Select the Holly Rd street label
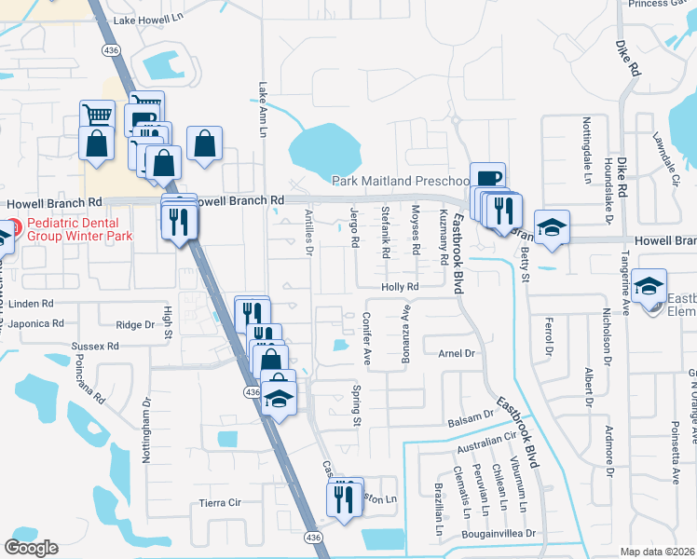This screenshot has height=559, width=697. click(x=401, y=287)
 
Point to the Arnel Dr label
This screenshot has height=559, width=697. click(x=457, y=353)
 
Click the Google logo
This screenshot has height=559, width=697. click(x=31, y=548)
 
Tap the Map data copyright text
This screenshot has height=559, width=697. click(x=657, y=552)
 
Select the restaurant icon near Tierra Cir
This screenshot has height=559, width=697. click(x=346, y=499)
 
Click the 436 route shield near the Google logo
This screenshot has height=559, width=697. click(x=312, y=538)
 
